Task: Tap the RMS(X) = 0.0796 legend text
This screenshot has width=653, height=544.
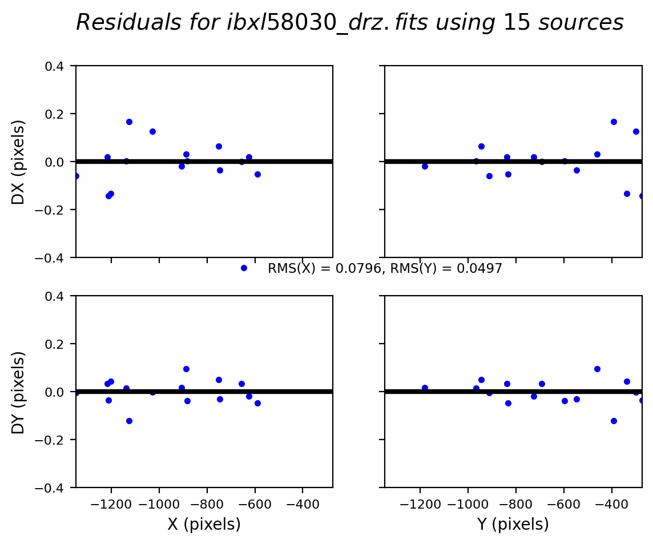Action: pos(324,268)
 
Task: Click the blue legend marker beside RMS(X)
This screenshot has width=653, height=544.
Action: pos(244,268)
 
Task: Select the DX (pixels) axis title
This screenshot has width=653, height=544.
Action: pos(19,162)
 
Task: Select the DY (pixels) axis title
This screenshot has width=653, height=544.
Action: pos(19,392)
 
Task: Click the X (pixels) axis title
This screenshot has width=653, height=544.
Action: pos(204,524)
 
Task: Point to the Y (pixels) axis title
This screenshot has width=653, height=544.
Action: pos(513,524)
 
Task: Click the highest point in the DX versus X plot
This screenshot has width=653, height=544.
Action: pos(129,122)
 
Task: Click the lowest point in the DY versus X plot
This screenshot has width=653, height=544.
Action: pos(129,421)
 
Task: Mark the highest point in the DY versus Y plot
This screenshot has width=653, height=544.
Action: pos(597,369)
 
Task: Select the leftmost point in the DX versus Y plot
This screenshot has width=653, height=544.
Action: pos(425,166)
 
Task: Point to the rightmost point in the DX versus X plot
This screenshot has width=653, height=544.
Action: pos(257,174)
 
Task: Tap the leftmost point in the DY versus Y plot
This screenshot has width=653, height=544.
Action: pos(425,388)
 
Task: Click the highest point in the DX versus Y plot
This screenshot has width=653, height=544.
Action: pos(614,122)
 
